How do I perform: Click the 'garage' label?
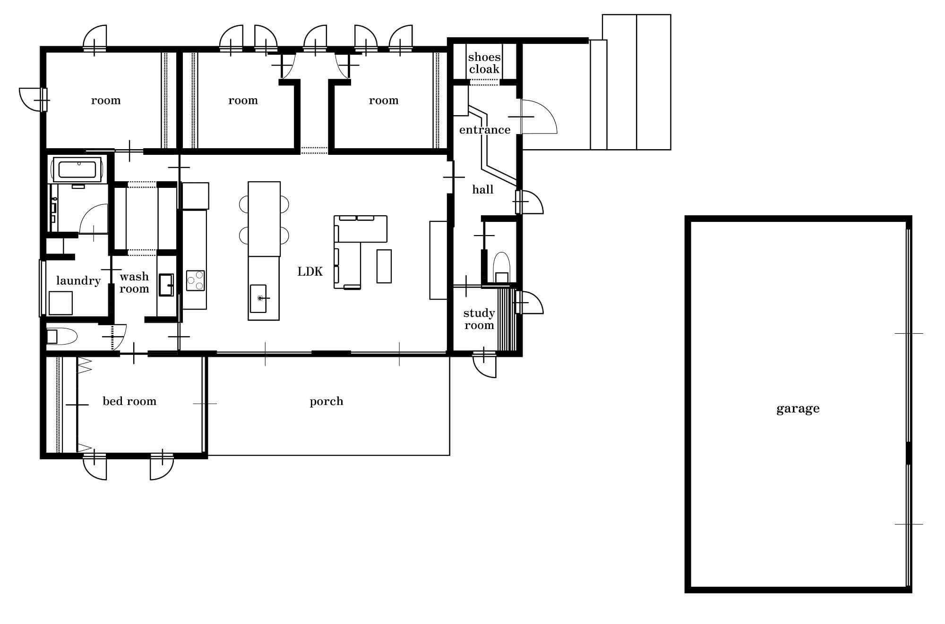coord(798,409)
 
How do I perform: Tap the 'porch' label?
coord(326,402)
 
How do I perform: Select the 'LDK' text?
coord(310,271)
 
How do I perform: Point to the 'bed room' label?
coord(129,401)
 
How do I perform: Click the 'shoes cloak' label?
coord(484,63)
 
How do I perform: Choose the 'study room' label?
coord(479,319)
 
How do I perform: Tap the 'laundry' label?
coord(78,281)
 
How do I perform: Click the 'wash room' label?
coord(134,283)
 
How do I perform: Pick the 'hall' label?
coord(483,190)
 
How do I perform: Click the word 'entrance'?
coord(485,130)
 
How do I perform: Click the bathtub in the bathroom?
coord(77,169)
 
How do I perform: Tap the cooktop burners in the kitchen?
coord(195,280)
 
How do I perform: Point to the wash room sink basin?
coord(166,285)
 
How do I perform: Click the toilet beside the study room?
coord(501,268)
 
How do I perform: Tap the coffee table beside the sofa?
coord(384,266)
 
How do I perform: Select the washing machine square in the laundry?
coord(60,303)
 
